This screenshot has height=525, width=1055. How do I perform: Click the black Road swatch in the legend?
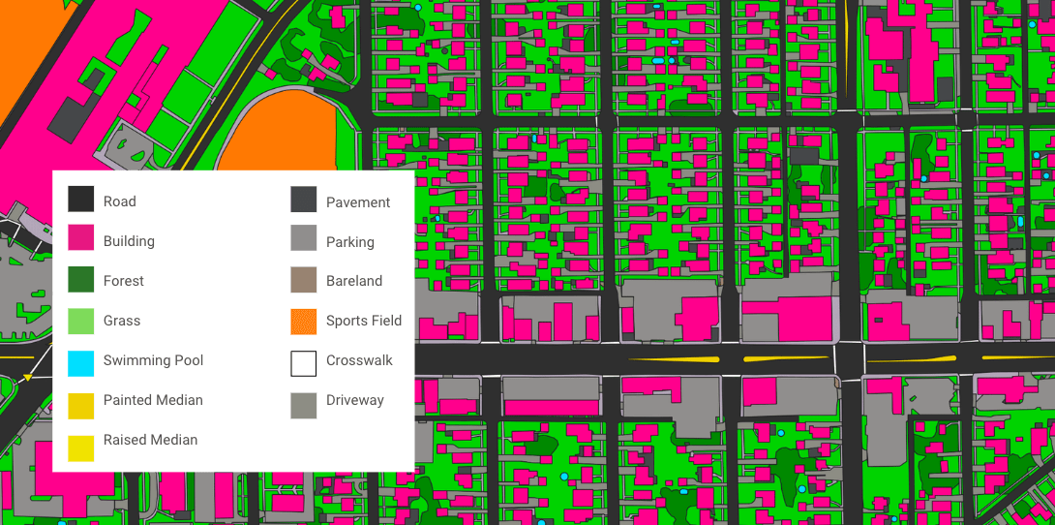click(80, 201)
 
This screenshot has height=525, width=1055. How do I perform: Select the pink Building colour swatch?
click(80, 240)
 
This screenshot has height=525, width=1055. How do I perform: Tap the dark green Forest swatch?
click(80, 280)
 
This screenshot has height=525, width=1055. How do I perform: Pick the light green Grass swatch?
click(80, 320)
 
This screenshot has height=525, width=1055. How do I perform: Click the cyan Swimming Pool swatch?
click(80, 360)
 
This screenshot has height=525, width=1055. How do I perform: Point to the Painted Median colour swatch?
click(80, 400)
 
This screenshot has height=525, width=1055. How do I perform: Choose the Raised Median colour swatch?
click(80, 440)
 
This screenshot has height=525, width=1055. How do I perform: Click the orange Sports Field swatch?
click(303, 321)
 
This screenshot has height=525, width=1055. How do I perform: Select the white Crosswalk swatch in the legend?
click(303, 360)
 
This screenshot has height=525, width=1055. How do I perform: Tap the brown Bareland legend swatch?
click(303, 281)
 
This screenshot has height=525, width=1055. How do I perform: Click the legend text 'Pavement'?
click(358, 202)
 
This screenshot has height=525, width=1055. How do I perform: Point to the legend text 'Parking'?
click(349, 242)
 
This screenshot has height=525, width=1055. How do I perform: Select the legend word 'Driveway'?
click(354, 400)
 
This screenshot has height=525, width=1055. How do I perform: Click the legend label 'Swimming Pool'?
click(153, 360)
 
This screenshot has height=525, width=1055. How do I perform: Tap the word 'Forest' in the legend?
click(123, 281)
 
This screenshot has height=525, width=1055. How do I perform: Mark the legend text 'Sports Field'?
click(363, 321)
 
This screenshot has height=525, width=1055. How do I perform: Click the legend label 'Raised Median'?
click(150, 440)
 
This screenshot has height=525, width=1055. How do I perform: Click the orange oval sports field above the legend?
click(281, 136)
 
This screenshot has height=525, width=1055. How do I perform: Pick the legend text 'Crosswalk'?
click(359, 360)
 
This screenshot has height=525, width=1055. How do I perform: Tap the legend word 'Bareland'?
click(353, 281)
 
